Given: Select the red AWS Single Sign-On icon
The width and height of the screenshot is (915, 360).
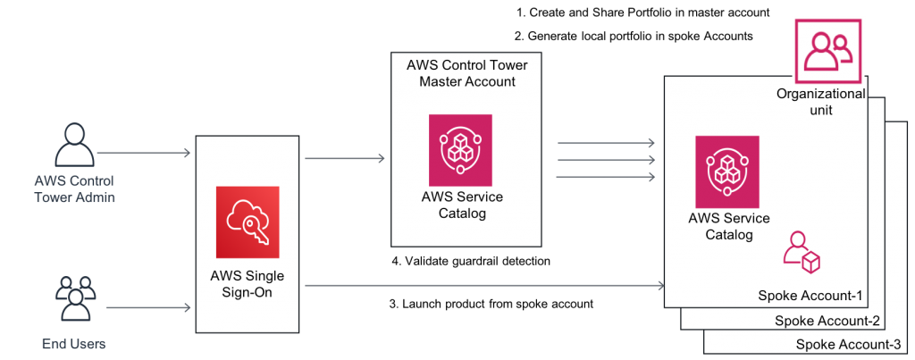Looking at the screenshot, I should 248,217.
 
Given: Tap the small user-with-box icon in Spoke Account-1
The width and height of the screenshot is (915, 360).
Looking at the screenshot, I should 801,252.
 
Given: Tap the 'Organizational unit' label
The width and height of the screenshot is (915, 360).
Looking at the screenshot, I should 820,102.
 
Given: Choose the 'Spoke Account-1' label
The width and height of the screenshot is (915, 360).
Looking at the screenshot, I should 810,296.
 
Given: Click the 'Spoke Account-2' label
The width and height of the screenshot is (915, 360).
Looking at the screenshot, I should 827,321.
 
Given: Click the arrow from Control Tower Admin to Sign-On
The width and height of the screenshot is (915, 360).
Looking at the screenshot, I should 143,155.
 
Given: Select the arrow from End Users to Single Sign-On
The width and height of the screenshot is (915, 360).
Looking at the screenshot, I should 148,308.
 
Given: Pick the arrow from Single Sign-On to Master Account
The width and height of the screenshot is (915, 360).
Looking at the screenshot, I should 345,159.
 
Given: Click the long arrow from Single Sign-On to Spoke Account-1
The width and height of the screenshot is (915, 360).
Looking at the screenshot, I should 483,286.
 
